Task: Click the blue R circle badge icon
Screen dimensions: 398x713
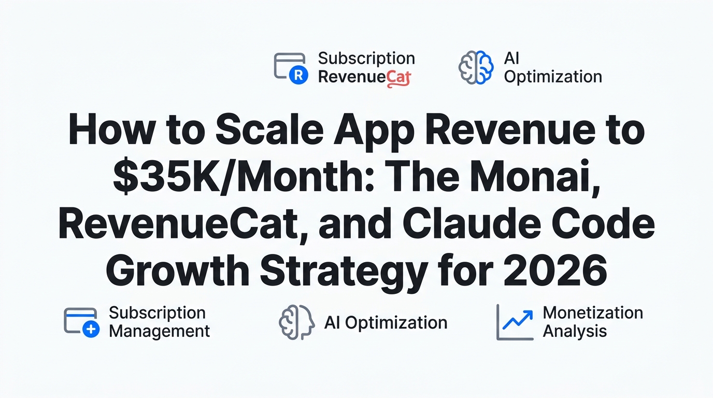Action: (x=298, y=76)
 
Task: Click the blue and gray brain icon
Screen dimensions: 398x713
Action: (x=476, y=67)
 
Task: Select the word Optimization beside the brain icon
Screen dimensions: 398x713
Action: (x=552, y=77)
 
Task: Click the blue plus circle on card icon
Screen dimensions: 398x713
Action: (x=91, y=330)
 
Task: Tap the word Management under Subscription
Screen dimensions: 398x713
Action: (x=159, y=331)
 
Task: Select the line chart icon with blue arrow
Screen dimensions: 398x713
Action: (x=515, y=322)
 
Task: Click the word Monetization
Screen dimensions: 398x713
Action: (x=592, y=313)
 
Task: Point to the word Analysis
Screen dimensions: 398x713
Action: (x=574, y=331)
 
